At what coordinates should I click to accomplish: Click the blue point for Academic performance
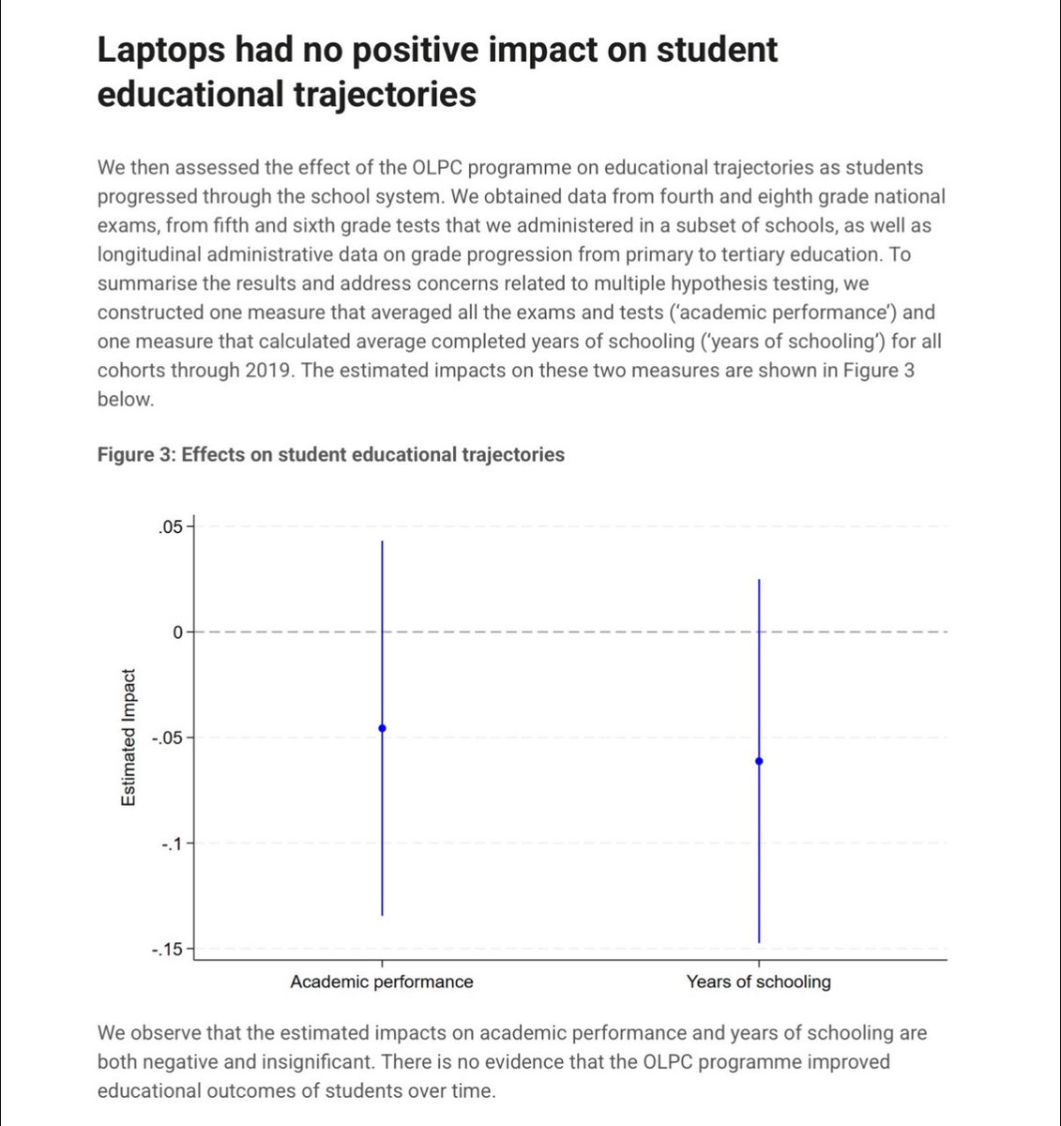[x=382, y=728]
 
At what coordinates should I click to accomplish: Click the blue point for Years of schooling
[x=759, y=761]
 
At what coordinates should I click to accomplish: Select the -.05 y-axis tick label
[x=166, y=738]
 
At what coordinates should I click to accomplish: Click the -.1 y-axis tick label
[x=170, y=844]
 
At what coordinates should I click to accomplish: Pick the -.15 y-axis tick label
[x=166, y=950]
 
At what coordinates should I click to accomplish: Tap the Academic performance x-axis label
[x=382, y=982]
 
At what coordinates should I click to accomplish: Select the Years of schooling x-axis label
[x=759, y=982]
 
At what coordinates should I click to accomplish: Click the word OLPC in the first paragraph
[x=437, y=168]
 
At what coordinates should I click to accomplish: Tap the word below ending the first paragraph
[x=124, y=399]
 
